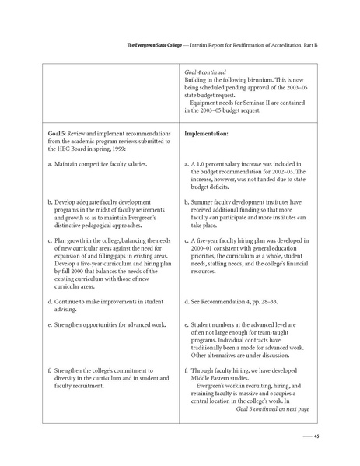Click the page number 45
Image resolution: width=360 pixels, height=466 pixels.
316,436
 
